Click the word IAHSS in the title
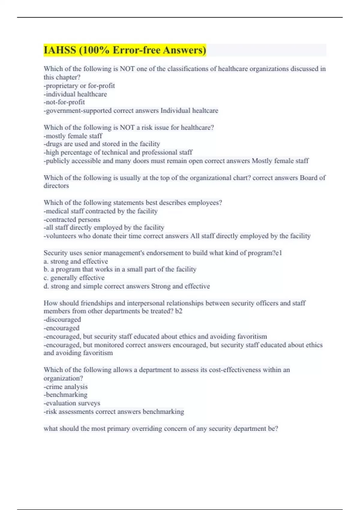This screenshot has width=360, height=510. point(60,50)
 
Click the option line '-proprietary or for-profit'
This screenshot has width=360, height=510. point(79,86)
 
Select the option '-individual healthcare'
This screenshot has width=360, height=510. point(75,94)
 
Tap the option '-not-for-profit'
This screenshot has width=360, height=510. point(64,102)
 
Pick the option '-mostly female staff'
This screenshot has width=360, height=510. point(73,136)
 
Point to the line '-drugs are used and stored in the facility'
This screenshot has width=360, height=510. point(102,144)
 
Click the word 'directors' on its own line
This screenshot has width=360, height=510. point(56,186)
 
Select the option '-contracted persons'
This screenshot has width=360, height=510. point(72,220)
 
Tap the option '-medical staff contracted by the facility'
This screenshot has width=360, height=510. point(100,211)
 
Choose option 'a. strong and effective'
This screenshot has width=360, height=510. point(76,261)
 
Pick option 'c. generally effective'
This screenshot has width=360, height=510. point(74,278)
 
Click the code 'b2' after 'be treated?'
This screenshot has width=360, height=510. point(178,311)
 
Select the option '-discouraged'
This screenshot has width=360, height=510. point(62,319)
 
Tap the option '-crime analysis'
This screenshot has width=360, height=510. point(66,387)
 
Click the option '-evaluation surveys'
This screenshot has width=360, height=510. point(72,403)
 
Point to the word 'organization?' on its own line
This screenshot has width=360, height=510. point(63,378)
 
